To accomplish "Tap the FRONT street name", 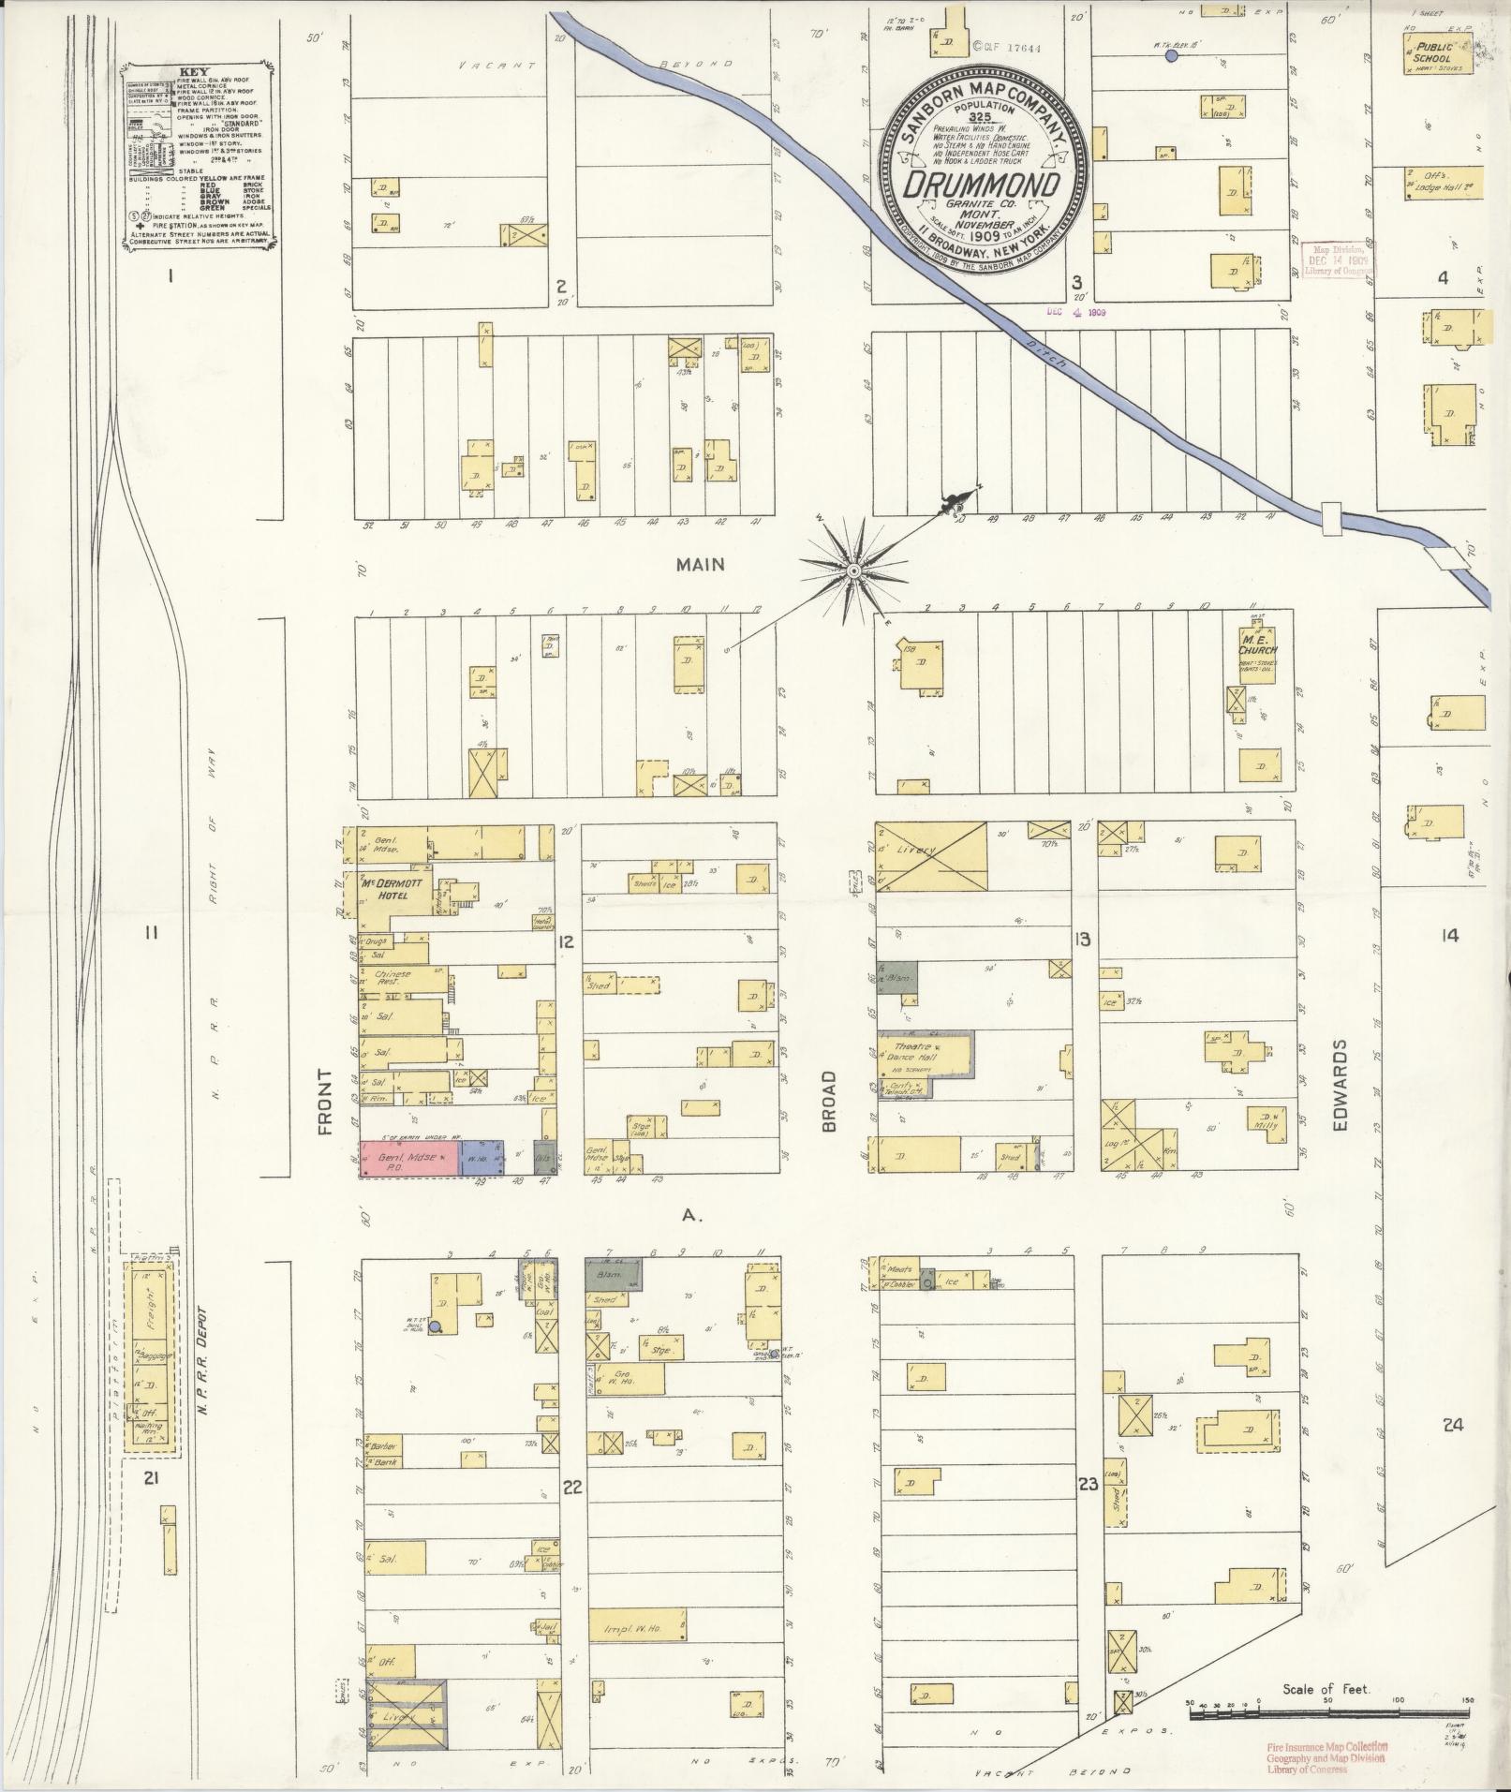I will click(325, 1102).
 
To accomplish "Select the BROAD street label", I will click(829, 1102).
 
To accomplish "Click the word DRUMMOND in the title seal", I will click(982, 184).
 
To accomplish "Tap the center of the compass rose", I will click(853, 570).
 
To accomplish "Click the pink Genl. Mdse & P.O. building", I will click(409, 1158).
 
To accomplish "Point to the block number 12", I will click(566, 941).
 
